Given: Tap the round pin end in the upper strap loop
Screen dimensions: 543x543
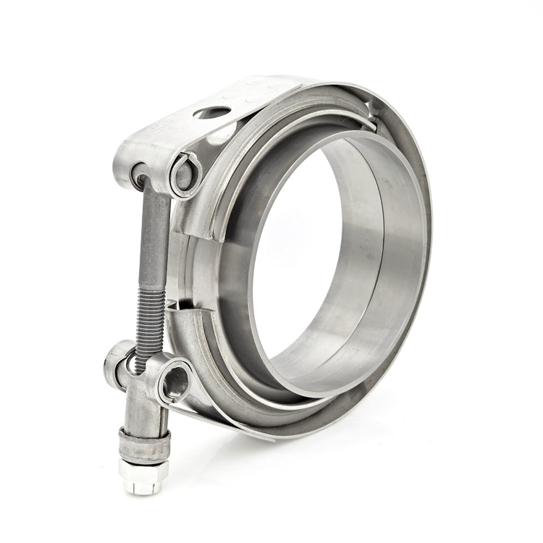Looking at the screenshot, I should (183, 173).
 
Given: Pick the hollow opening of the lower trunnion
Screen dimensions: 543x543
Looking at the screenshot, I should (174, 381).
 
